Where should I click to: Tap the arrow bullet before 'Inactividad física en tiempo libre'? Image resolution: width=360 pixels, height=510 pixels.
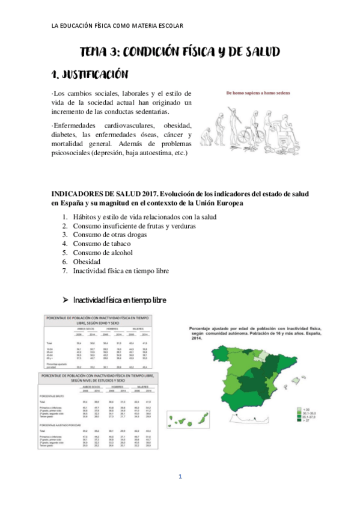(67, 300)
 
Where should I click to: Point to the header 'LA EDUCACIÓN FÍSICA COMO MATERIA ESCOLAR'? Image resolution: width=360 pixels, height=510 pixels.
(118, 26)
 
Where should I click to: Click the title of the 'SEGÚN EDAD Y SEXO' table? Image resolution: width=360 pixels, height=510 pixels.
(100, 321)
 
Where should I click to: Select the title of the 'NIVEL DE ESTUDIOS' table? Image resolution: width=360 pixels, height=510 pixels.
(100, 378)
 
